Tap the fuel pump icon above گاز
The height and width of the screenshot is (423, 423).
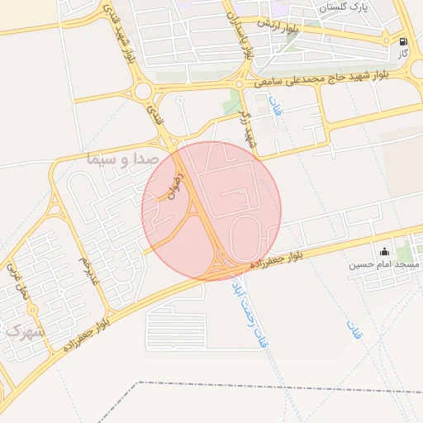403,41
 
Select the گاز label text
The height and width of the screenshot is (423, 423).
403,54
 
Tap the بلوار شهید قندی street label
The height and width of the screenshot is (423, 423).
119,32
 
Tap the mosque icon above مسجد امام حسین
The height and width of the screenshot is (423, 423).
383,251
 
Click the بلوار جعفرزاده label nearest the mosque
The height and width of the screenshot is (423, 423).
276,261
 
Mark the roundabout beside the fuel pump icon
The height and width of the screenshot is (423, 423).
387,39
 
